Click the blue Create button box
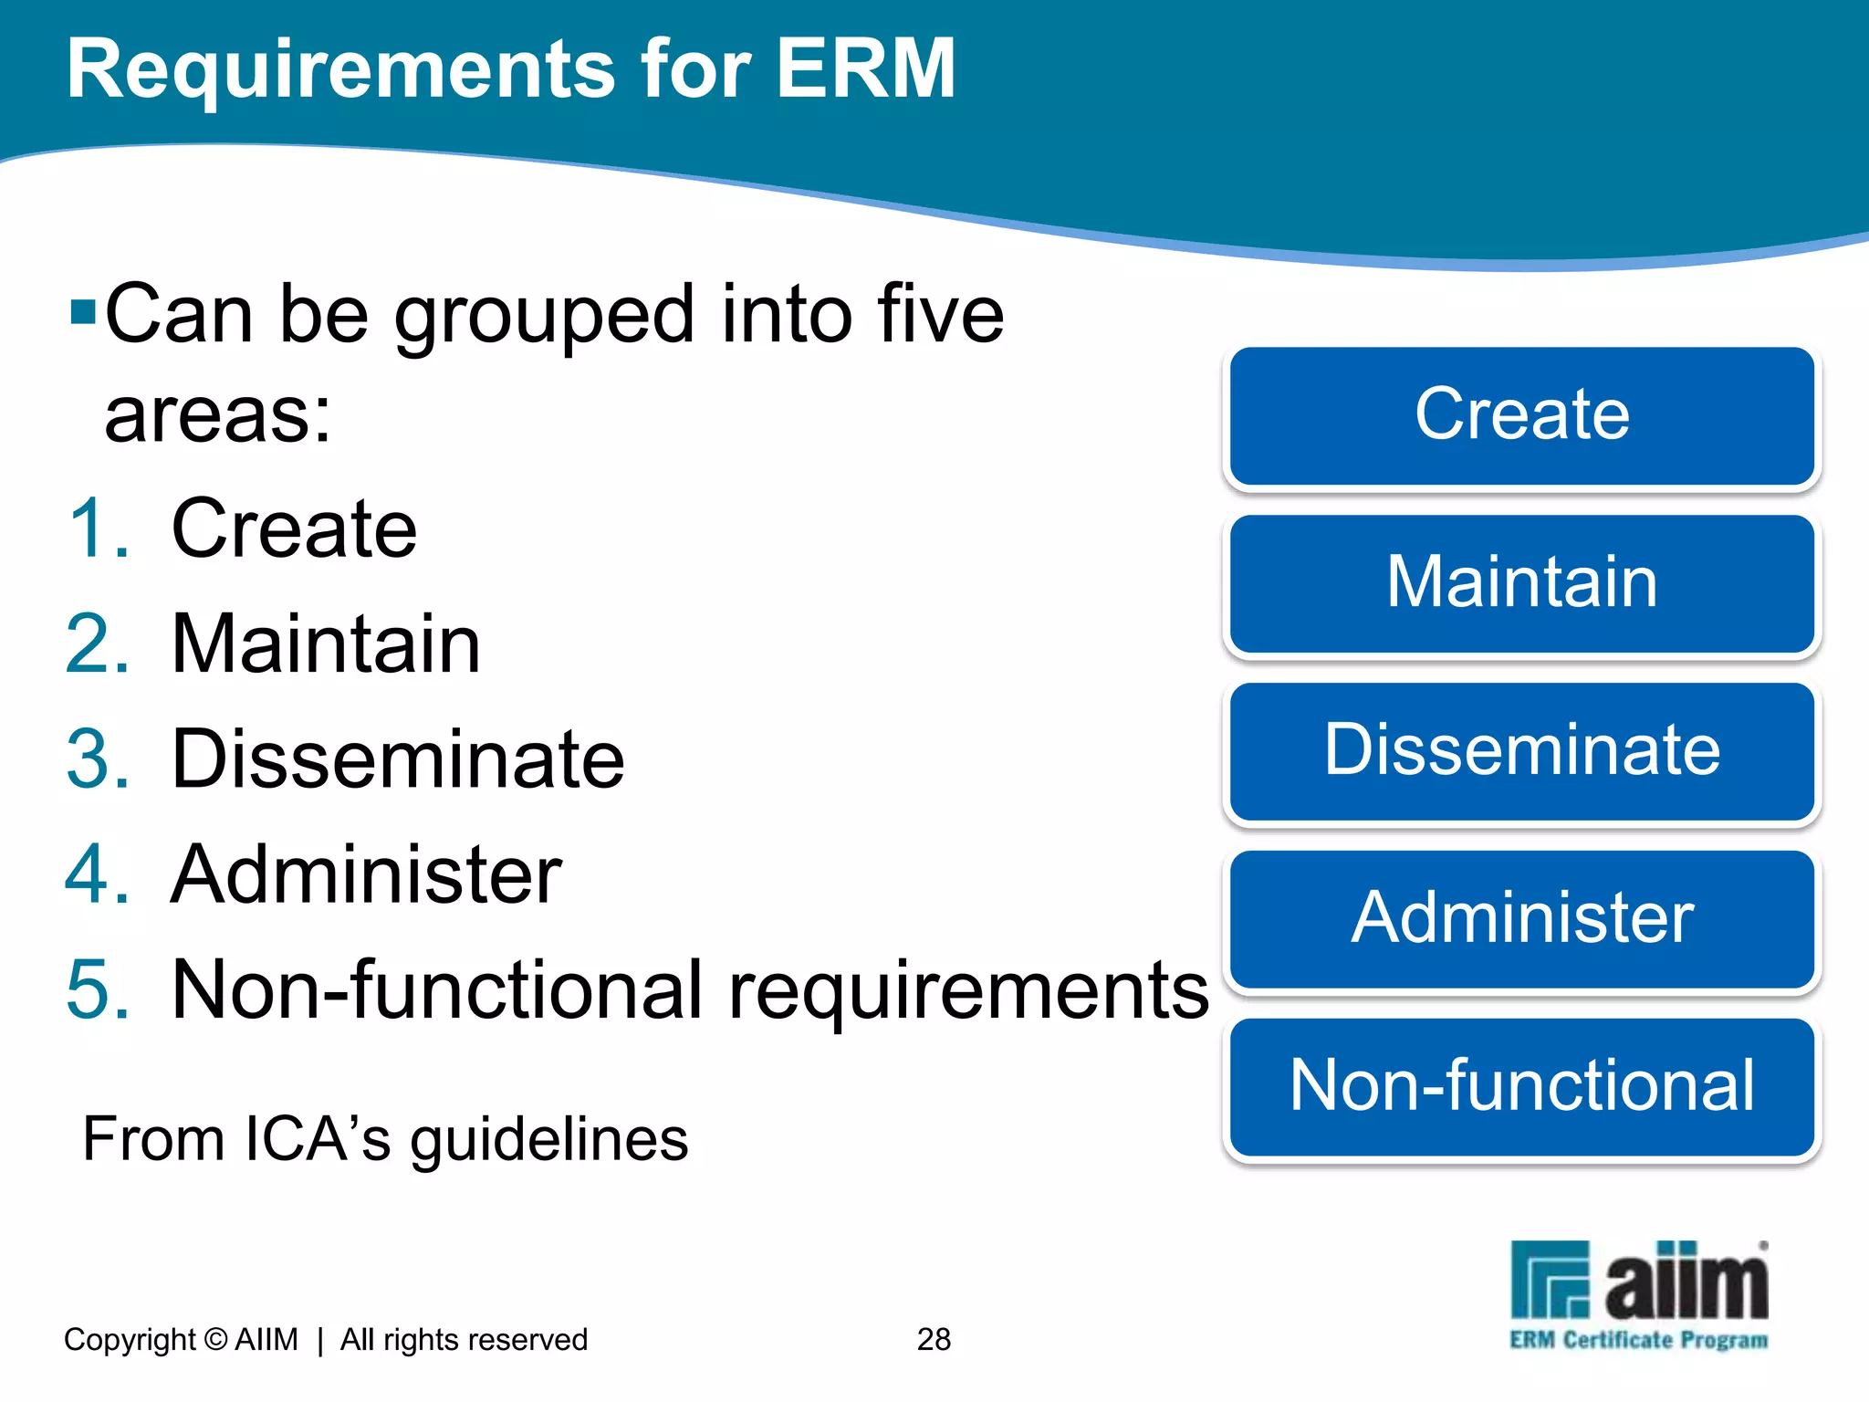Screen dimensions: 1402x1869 pyautogui.click(x=1521, y=415)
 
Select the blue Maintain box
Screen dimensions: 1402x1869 pyautogui.click(x=1521, y=583)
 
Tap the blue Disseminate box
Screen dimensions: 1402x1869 pyautogui.click(x=1521, y=751)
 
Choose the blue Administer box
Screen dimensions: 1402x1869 pyautogui.click(x=1521, y=919)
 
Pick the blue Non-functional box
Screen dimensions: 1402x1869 pyautogui.click(x=1521, y=1087)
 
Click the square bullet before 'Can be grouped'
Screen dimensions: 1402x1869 pyautogui.click(x=82, y=312)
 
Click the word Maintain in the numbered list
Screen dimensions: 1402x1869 pyautogui.click(x=326, y=644)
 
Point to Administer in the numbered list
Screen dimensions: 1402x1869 pyautogui.click(x=366, y=874)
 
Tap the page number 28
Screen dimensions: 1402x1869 pyautogui.click(x=934, y=1339)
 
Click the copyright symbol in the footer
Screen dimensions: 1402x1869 pyautogui.click(x=216, y=1339)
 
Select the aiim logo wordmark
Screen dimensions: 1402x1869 pyautogui.click(x=1686, y=1283)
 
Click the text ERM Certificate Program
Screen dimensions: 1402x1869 pyautogui.click(x=1638, y=1340)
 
